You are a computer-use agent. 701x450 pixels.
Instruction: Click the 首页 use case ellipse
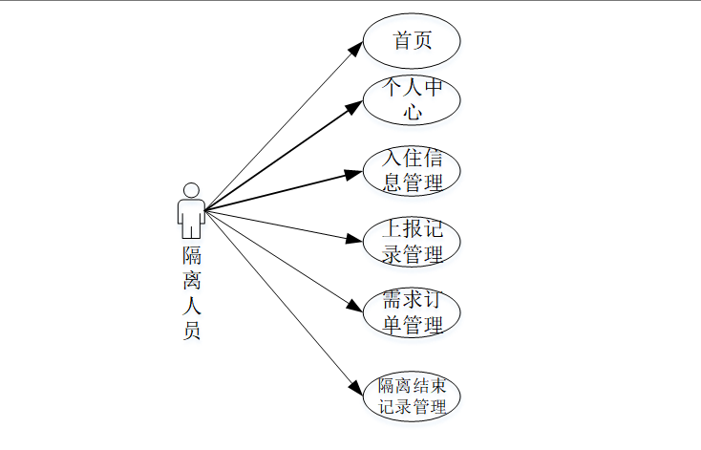point(413,41)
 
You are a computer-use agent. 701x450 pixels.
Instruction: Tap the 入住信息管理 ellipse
point(413,170)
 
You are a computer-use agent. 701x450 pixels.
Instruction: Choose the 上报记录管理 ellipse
point(413,242)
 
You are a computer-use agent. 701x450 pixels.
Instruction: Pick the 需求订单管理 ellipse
point(413,312)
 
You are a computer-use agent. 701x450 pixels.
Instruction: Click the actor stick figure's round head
point(191,189)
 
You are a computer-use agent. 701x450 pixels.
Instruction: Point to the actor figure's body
point(191,218)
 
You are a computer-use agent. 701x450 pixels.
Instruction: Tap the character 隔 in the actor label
point(191,255)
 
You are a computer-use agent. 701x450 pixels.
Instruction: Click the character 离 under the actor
point(191,281)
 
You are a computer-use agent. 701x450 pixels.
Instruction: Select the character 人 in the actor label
point(191,307)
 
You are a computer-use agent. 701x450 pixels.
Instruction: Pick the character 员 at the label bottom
point(191,332)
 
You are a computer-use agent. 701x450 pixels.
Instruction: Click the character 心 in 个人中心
point(413,112)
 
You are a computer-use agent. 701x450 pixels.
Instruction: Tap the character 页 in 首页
point(423,41)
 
